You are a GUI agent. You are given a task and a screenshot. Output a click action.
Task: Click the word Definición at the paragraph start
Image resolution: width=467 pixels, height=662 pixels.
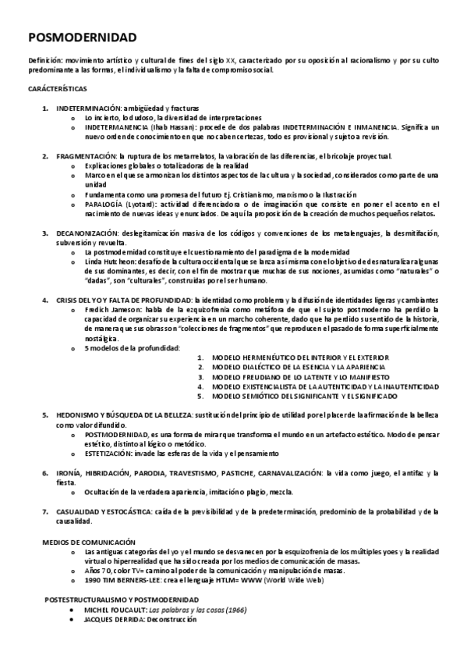(x=43, y=59)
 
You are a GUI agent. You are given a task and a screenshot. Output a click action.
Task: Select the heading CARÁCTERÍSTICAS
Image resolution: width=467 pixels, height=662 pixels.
(x=58, y=89)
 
